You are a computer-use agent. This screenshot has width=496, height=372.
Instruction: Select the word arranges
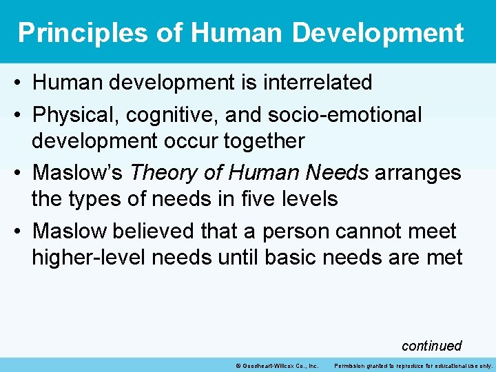click(417, 172)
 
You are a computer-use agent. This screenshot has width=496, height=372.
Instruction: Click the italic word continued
click(431, 345)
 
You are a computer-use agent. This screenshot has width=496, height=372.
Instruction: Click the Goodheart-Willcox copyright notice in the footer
click(276, 365)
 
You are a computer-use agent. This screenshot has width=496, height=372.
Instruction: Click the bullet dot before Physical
click(19, 115)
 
